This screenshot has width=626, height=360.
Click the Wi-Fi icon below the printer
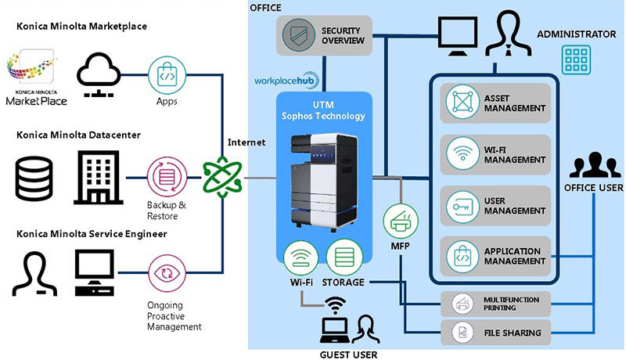pos(300,257)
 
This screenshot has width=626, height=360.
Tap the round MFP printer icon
pos(400,220)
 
